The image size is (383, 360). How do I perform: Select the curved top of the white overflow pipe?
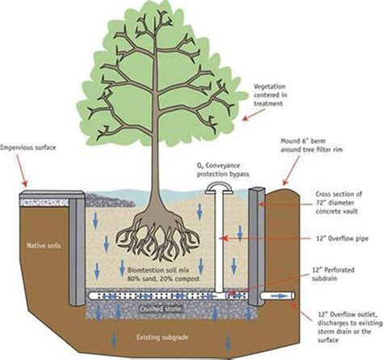(x=217, y=188)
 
